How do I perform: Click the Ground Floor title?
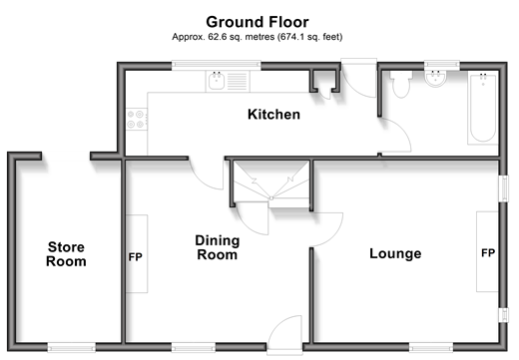pos(258,22)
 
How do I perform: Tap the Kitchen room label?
pos(273,115)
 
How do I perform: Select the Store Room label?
pos(66,254)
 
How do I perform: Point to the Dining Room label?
pos(218,247)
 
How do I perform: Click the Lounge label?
pos(395,253)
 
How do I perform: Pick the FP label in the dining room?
pos(136,257)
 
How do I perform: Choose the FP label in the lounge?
pos(488,253)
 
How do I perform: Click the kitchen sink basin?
pos(217,82)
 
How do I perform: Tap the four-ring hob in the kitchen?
pos(136,120)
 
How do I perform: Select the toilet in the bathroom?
pos(401,84)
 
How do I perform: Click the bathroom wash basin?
pos(436,79)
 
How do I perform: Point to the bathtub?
pos(483,109)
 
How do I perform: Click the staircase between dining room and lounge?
pos(271,184)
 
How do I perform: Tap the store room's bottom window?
pos(72,348)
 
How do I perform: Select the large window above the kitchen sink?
pos(217,65)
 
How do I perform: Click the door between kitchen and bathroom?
pos(397,135)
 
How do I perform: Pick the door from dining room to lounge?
pos(326,230)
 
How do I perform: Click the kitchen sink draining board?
pos(238,82)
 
